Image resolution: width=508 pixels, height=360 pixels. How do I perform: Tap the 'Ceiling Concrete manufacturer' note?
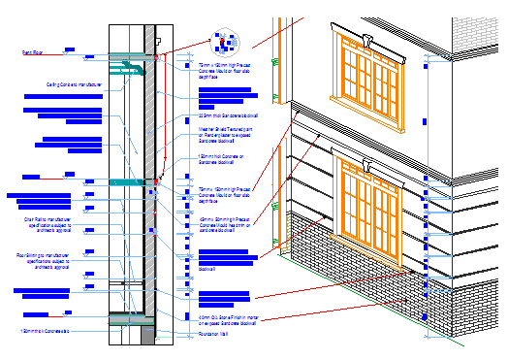click(79, 84)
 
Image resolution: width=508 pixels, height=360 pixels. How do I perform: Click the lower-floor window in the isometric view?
click(371, 201)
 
